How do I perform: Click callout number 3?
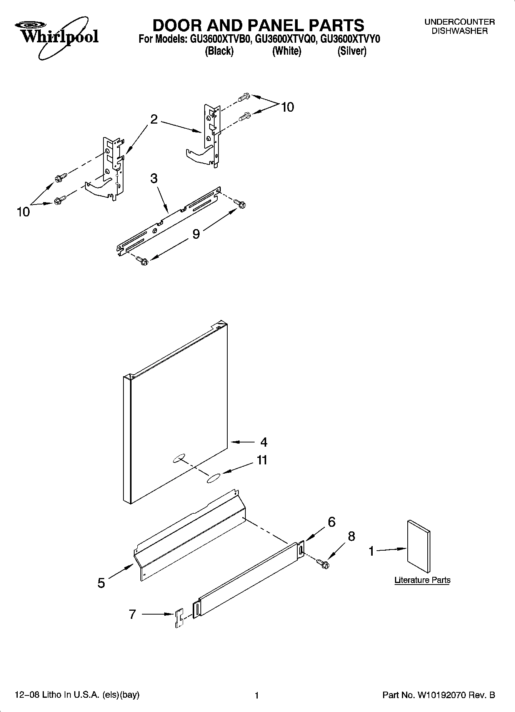[154, 178]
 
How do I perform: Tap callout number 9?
[196, 234]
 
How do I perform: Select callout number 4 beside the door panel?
[263, 442]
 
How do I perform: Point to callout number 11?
[262, 460]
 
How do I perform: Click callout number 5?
[101, 583]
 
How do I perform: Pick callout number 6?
[331, 522]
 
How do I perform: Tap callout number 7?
[132, 614]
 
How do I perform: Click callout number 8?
[351, 536]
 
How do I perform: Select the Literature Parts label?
[422, 580]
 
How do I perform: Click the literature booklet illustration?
[418, 546]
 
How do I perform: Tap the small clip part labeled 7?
[179, 618]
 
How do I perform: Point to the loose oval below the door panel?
[213, 479]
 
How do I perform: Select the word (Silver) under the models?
[352, 51]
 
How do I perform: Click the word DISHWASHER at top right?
[459, 31]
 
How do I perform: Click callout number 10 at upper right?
[287, 107]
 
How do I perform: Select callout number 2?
[154, 120]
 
